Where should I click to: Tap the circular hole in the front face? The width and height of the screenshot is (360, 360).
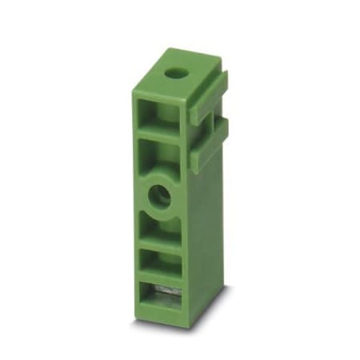(x=160, y=195)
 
